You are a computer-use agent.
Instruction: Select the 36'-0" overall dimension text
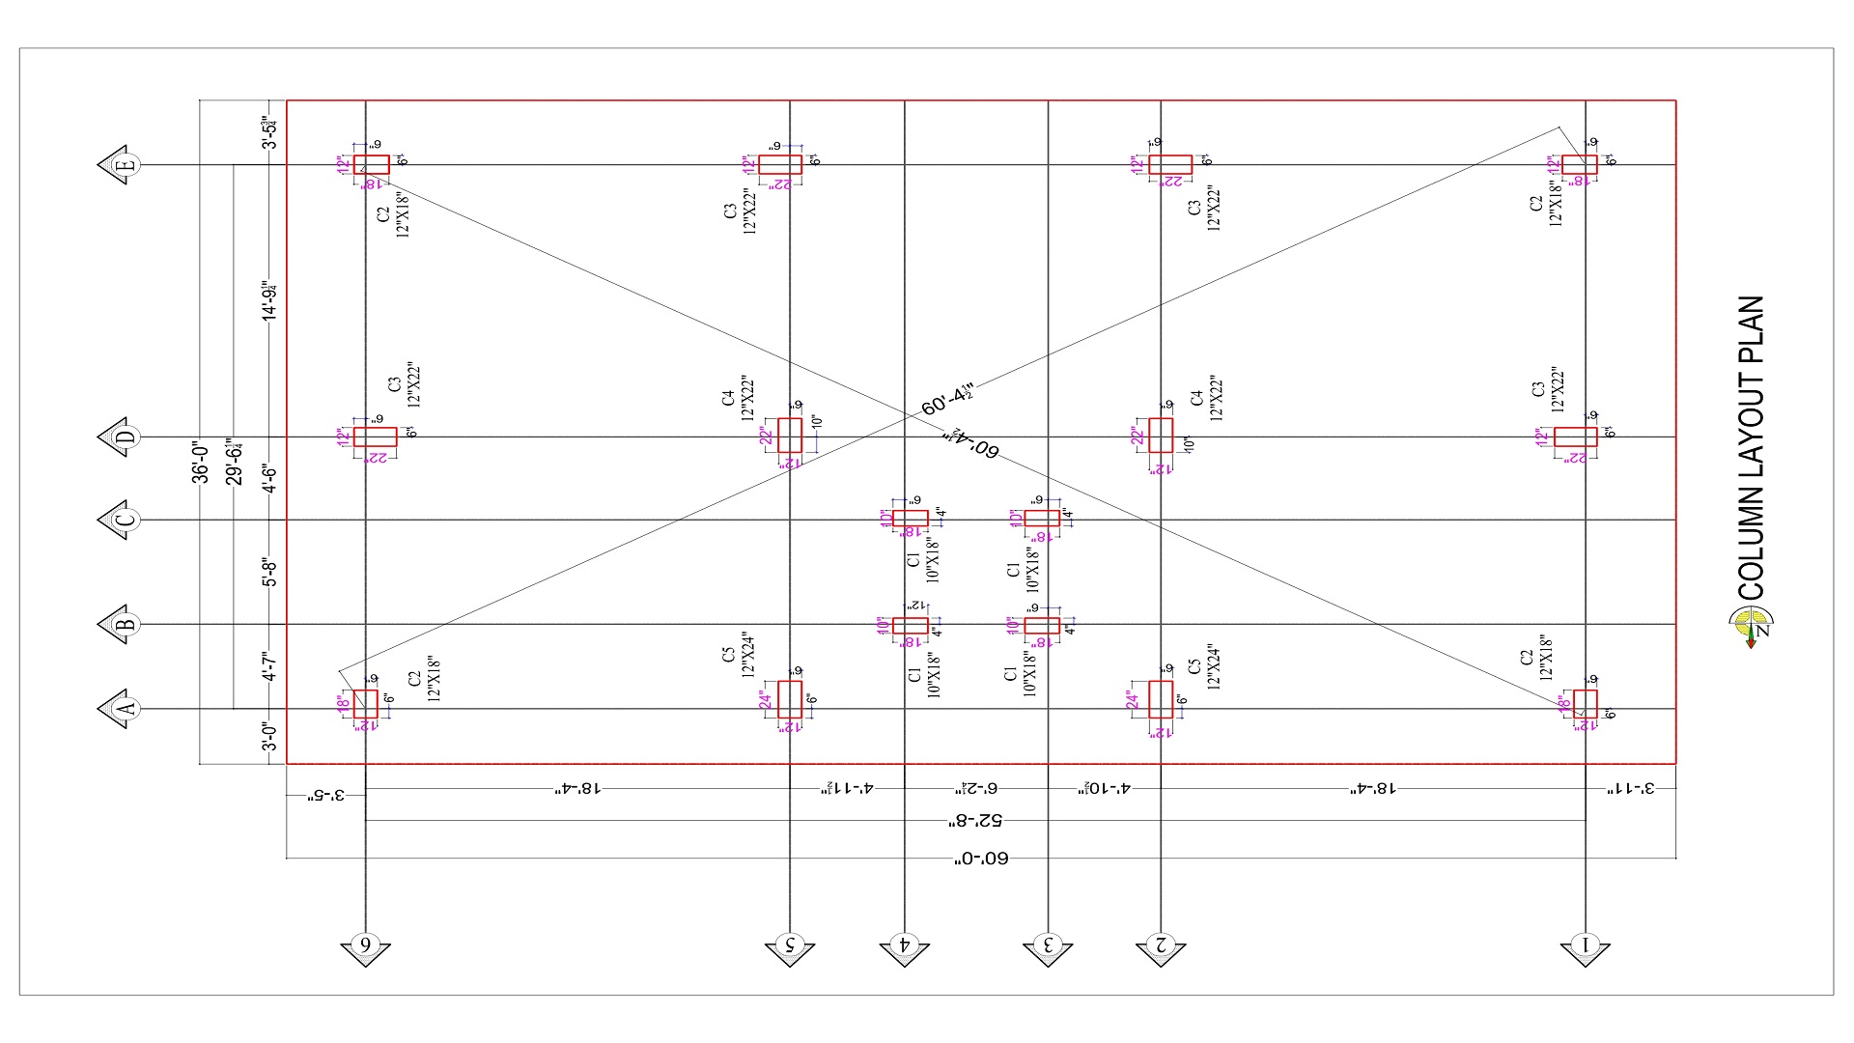pyautogui.click(x=200, y=462)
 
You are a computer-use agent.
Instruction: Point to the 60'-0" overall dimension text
pyautogui.click(x=981, y=858)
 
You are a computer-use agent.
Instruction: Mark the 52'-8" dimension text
pyautogui.click(x=975, y=821)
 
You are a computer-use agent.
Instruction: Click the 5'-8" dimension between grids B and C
pyautogui.click(x=271, y=572)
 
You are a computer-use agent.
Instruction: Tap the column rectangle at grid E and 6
pyautogui.click(x=371, y=165)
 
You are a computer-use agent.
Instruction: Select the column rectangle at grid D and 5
pyautogui.click(x=790, y=436)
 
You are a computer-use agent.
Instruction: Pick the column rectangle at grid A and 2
pyautogui.click(x=1161, y=699)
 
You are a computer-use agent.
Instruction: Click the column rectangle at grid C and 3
pyautogui.click(x=1042, y=519)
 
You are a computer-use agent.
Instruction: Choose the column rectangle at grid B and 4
pyautogui.click(x=910, y=626)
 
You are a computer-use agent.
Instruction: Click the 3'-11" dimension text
pyautogui.click(x=1630, y=789)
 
